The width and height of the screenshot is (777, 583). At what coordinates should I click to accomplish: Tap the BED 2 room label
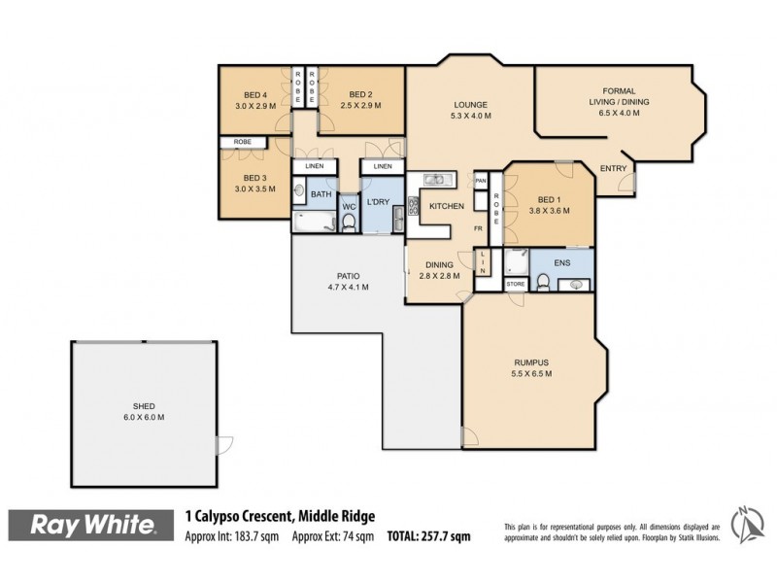361,99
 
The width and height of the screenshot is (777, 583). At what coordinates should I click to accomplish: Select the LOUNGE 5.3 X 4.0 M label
470,110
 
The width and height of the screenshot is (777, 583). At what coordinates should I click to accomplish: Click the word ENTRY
613,169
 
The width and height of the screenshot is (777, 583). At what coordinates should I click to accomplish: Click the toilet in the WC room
348,222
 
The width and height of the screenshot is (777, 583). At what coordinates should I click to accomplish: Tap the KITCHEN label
445,207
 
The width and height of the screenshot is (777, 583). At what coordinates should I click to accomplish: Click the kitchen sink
433,180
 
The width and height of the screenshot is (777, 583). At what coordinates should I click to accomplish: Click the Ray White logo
93,526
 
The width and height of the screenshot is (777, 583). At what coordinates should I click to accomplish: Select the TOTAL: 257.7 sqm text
427,535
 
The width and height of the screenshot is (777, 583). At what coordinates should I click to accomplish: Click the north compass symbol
745,526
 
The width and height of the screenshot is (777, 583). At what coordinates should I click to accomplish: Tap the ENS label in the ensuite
560,262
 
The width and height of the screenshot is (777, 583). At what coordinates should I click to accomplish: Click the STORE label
516,285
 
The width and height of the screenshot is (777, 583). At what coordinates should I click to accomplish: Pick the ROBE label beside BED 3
243,142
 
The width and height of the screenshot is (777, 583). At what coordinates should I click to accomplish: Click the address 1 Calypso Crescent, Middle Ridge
280,517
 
